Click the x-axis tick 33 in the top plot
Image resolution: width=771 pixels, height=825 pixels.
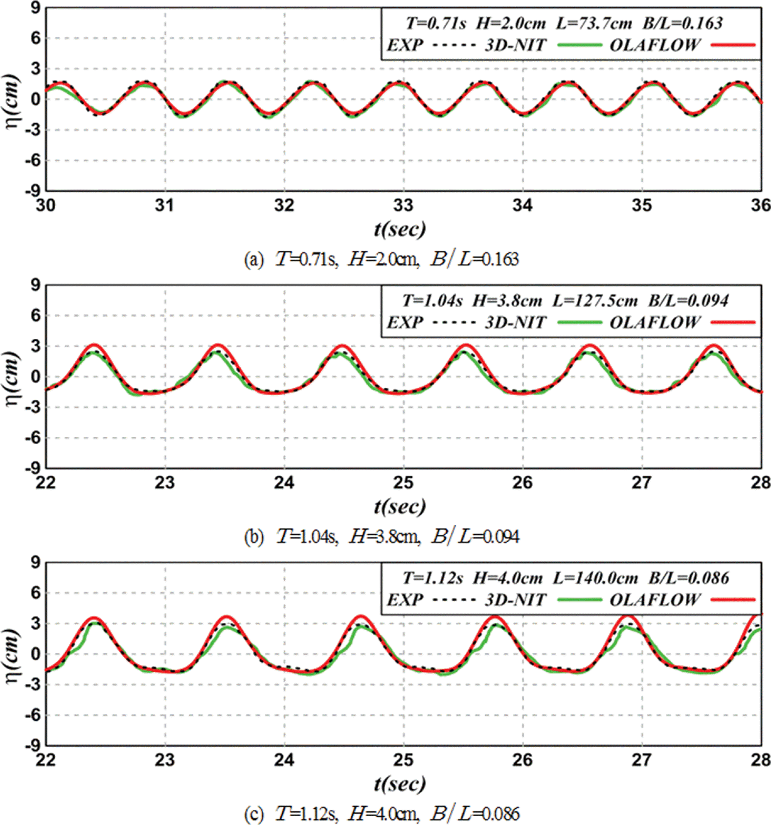pos(403,206)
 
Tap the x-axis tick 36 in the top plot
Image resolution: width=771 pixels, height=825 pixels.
pos(760,206)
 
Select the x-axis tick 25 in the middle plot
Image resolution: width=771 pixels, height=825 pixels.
pos(403,483)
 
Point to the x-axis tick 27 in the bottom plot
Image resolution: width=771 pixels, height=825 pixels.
pos(641,760)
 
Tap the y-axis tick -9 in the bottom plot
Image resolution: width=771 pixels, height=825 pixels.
pos(33,745)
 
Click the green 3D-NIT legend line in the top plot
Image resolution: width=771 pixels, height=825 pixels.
pos(579,45)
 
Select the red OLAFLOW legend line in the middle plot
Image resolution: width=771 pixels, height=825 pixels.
pos(733,322)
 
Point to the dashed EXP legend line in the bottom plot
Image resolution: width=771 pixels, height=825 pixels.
pos(454,599)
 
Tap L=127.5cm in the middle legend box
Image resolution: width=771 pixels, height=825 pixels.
pos(595,301)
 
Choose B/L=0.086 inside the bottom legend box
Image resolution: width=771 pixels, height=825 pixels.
pos(689,578)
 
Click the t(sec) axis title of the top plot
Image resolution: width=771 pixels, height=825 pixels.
pos(400,229)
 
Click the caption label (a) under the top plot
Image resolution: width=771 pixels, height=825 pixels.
pos(253,259)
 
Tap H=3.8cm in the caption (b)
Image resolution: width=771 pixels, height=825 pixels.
pos(384,537)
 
